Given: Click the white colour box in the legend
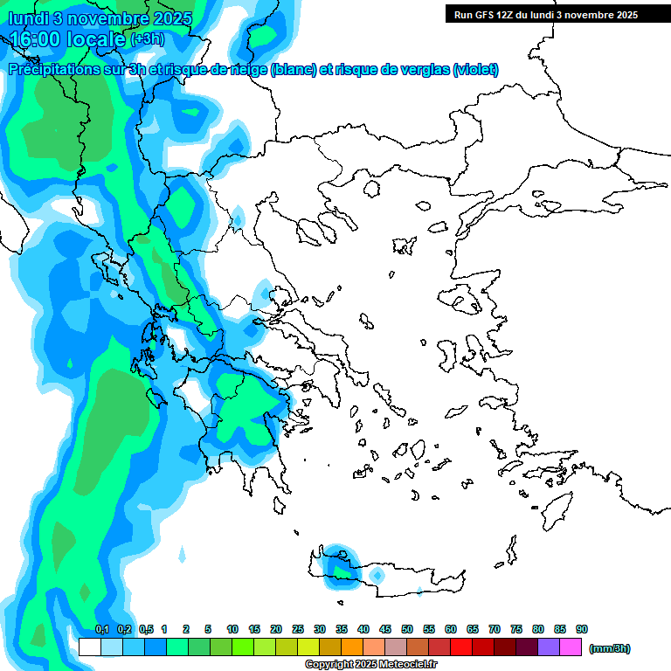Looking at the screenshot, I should [x=89, y=647].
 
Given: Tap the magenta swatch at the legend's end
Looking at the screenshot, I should [x=571, y=647].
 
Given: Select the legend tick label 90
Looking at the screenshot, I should [x=582, y=629].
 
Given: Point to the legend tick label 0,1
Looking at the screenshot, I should [x=101, y=629].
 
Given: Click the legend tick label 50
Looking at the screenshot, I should [x=407, y=629].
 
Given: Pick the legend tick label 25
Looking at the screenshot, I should [x=298, y=629].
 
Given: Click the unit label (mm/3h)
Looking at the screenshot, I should [x=609, y=648].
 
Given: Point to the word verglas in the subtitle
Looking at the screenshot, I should [x=420, y=70].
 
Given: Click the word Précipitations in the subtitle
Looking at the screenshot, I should [x=52, y=70].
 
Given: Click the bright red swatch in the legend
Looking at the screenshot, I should [x=461, y=647].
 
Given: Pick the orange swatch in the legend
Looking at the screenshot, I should [x=352, y=647].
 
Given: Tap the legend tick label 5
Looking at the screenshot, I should [x=208, y=629].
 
